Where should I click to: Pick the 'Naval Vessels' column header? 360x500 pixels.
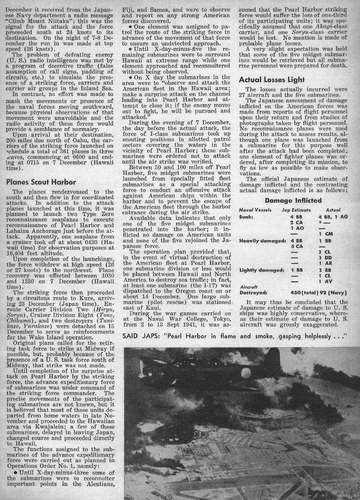coord(256,210)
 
